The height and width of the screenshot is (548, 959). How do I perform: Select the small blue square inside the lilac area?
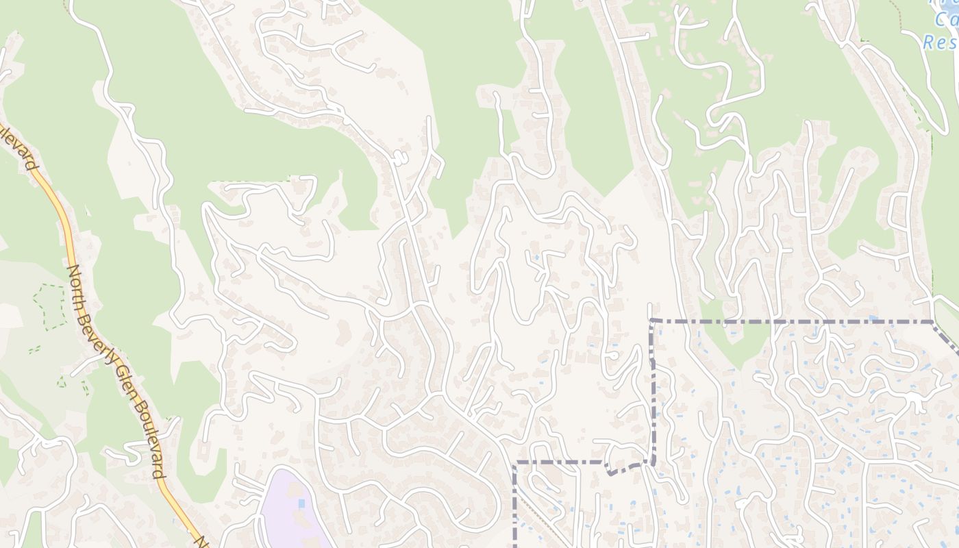coord(302,504)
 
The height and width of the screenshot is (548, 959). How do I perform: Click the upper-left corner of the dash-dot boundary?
coord(653,321)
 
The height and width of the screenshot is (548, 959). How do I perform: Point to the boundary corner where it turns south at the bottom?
coord(514,464)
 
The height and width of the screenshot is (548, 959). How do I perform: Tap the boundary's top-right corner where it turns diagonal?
coord(933,321)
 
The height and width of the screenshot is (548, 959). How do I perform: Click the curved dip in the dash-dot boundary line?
coord(620,469)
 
